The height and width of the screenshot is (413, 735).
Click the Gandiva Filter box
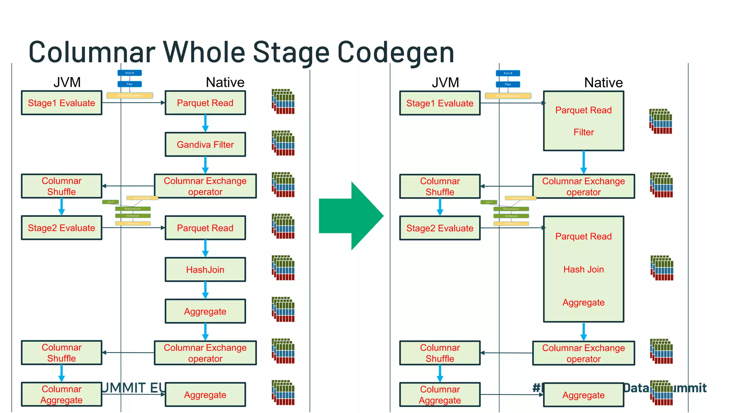[205, 144]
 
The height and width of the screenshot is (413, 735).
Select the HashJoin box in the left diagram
[205, 270]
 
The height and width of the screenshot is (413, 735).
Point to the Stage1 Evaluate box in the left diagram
[61, 103]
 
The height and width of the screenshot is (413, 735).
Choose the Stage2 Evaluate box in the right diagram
[440, 228]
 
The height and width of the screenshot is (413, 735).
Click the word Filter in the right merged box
[584, 132]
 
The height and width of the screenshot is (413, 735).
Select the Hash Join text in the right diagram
[584, 269]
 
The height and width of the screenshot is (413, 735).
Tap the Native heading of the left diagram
[225, 82]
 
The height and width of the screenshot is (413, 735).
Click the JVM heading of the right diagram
[445, 82]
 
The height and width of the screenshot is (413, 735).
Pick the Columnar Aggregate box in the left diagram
[61, 394]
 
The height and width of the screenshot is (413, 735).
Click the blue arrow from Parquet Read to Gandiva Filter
[205, 123]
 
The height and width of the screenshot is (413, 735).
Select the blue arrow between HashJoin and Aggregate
[205, 290]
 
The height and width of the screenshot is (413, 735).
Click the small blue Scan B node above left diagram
[130, 73]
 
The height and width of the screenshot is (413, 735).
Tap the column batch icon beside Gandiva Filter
[283, 143]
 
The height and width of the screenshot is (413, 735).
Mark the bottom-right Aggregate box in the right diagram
[584, 395]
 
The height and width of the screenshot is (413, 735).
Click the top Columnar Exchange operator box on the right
[584, 186]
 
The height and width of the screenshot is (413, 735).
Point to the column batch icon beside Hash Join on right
[662, 268]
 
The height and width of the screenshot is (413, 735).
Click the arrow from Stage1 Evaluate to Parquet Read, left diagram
[133, 103]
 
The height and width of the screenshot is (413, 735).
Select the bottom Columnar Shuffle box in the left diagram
[61, 353]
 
